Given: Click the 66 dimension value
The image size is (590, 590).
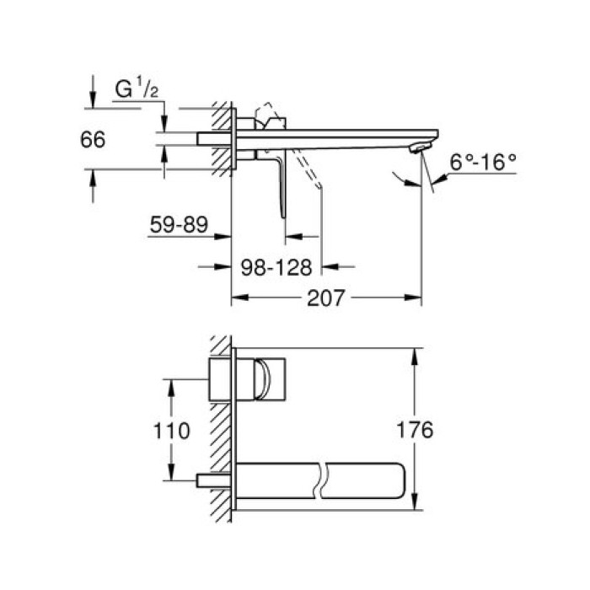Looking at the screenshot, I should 93,139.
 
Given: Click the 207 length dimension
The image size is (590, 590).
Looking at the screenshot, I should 327,298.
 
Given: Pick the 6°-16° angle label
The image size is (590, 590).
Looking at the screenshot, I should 482,162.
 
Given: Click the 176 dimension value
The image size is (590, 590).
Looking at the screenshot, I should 414,430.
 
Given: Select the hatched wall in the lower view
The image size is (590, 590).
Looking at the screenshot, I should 222,430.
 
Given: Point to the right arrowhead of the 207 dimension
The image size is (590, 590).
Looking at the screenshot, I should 416,298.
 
